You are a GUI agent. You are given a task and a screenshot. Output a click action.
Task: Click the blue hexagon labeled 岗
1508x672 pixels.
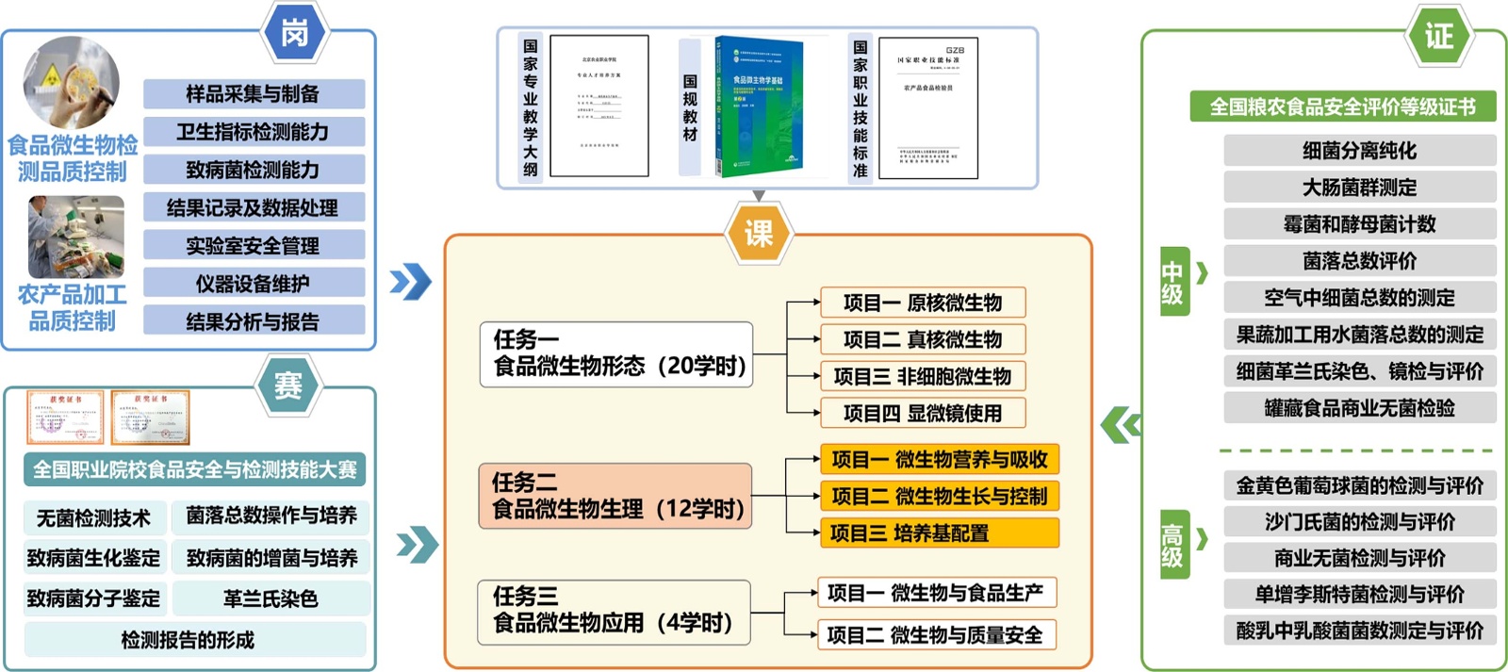(x=295, y=34)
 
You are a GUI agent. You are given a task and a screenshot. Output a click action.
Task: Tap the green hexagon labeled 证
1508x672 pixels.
(x=1438, y=36)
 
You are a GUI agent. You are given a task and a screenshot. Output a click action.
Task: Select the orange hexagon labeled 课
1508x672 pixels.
(x=759, y=233)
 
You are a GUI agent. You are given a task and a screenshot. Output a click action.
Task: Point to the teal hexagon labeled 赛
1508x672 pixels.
(x=288, y=385)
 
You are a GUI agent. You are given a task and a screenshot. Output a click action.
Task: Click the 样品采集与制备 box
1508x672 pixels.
(x=254, y=94)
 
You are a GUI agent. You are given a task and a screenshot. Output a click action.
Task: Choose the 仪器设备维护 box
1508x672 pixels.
(x=254, y=284)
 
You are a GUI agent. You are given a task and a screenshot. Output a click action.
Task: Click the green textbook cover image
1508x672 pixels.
(x=759, y=106)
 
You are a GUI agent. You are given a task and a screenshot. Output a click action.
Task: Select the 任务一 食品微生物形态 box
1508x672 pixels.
(x=616, y=354)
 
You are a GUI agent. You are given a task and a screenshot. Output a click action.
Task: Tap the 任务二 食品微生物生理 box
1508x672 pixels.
(x=615, y=497)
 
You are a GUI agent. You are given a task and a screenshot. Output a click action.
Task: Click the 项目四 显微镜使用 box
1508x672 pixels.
(x=922, y=413)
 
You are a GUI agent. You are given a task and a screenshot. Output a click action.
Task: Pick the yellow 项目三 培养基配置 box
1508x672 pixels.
(x=940, y=533)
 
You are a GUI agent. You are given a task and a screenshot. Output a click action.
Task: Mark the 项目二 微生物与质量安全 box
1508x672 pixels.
(x=935, y=635)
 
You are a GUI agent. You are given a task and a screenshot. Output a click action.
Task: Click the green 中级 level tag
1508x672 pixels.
(x=1172, y=282)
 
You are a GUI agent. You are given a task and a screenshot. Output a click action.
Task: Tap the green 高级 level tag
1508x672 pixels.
(x=1172, y=545)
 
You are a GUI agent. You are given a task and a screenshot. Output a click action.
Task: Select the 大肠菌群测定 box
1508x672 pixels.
(x=1359, y=188)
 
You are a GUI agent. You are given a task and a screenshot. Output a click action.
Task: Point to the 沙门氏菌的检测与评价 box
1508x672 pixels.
(x=1359, y=522)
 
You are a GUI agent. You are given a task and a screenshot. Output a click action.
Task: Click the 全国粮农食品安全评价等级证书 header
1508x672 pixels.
(x=1342, y=107)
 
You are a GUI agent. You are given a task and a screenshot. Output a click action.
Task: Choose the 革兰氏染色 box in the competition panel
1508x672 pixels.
(x=270, y=598)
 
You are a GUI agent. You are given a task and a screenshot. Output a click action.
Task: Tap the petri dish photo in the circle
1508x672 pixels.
(x=72, y=83)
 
